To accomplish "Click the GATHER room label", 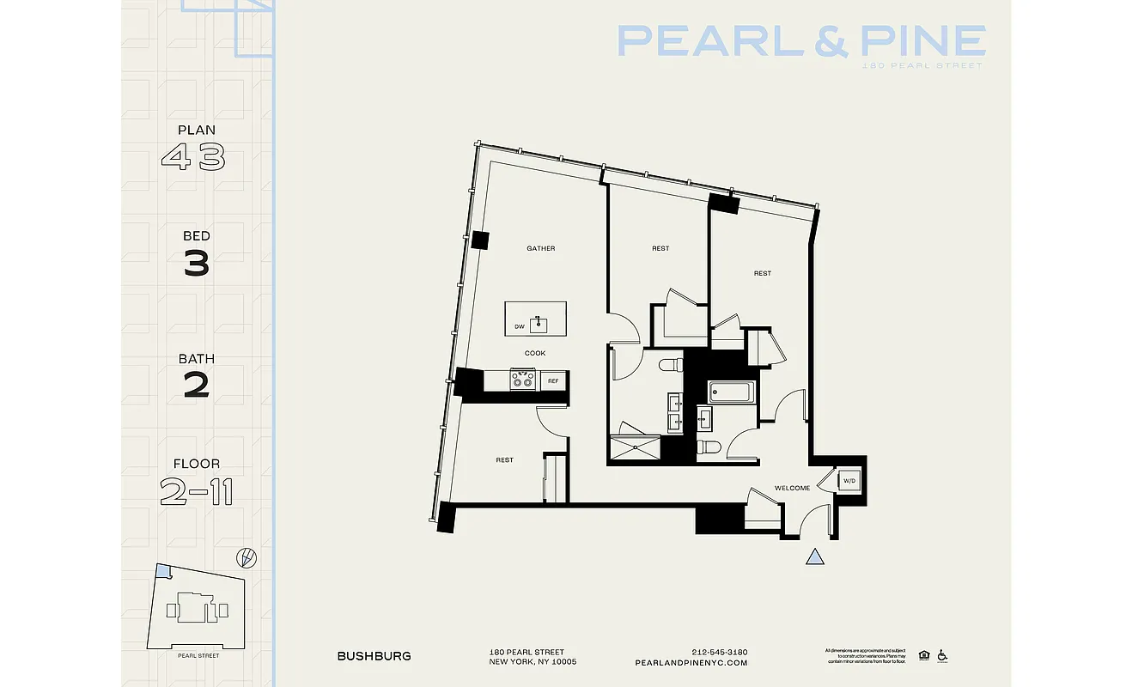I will [541, 249].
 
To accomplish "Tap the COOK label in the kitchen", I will [535, 353].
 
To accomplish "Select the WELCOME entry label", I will [792, 489].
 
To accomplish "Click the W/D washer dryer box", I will [849, 481].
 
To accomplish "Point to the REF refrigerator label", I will [553, 380].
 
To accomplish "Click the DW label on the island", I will [519, 327].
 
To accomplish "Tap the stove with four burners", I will [523, 380].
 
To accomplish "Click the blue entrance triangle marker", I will [815, 557].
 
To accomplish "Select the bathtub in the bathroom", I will [732, 393].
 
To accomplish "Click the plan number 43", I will [193, 157].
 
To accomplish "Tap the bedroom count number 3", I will [197, 264].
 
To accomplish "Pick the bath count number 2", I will [197, 386].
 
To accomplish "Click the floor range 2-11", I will [197, 492].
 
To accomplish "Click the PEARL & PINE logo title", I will [800, 41].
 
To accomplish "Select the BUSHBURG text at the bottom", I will [374, 656].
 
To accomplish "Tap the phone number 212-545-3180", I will [719, 652].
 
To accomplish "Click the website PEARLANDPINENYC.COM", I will [691, 663].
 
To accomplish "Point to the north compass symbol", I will [248, 557].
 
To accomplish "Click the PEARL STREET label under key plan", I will [198, 656].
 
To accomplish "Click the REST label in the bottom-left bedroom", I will [504, 460].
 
